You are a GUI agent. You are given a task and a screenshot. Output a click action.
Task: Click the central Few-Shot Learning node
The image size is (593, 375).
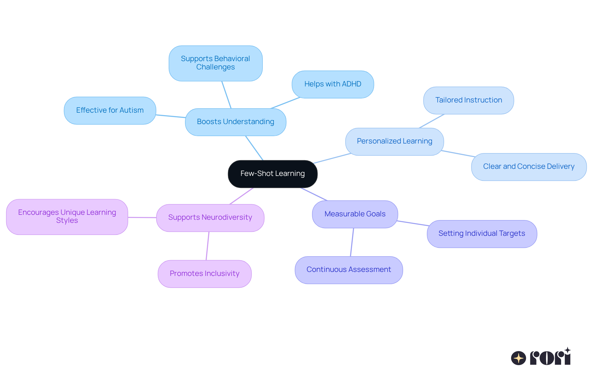click(272, 174)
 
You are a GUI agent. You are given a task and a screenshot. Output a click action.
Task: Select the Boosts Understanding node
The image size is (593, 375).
click(235, 122)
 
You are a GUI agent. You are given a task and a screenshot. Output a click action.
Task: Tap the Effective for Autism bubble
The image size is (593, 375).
click(110, 110)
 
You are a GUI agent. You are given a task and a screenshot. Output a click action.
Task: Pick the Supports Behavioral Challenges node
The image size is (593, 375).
click(216, 63)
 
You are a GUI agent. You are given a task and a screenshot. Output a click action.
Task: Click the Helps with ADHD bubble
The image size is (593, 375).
click(333, 84)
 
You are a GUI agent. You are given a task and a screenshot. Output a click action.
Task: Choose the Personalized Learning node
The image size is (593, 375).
click(394, 141)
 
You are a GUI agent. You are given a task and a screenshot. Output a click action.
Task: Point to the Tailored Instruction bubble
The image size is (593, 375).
click(469, 100)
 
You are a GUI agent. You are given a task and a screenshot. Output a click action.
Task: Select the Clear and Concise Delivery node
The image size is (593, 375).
click(529, 167)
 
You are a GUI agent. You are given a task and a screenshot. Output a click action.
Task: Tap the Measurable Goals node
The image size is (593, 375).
click(355, 214)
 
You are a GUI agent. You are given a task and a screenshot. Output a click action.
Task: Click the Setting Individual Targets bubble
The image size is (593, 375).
click(482, 234)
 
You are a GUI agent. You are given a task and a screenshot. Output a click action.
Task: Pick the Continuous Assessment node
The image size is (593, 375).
click(349, 270)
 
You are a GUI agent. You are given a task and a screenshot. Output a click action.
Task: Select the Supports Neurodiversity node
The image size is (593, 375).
click(210, 218)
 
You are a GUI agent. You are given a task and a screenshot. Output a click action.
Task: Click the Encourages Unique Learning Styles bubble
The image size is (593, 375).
click(67, 217)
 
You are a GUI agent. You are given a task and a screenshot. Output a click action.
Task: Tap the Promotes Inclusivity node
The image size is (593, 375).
click(204, 274)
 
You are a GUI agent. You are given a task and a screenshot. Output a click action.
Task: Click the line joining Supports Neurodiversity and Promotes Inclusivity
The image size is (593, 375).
click(208, 246)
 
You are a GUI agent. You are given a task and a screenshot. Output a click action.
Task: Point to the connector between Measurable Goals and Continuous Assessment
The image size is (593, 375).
click(352, 242)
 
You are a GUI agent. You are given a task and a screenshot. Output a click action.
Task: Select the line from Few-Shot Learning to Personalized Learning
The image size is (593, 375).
click(332, 158)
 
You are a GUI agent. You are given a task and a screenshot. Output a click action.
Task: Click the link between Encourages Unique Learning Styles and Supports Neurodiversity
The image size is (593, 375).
click(142, 217)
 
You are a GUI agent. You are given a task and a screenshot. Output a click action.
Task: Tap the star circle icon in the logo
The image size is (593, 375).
click(518, 358)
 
